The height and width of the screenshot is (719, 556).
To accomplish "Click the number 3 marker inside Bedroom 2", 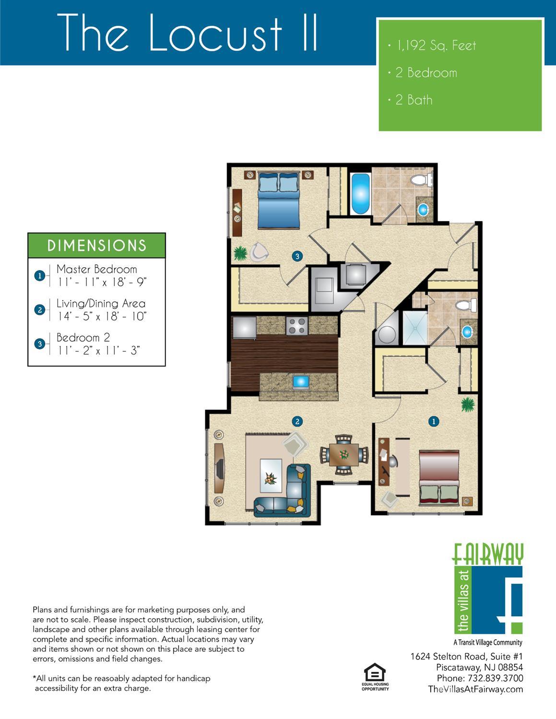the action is [297, 256].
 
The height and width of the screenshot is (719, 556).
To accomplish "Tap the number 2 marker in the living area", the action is [297, 422].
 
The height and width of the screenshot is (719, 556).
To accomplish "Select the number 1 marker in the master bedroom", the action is [434, 422].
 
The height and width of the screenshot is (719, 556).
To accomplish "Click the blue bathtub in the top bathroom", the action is [360, 194].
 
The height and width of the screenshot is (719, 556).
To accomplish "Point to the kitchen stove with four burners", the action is [297, 326].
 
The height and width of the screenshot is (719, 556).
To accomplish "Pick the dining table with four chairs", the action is [344, 455].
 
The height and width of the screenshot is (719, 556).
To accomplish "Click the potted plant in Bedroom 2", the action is [241, 253].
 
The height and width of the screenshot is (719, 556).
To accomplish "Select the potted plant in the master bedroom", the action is [468, 404].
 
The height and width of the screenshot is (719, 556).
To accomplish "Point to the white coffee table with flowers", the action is [271, 476].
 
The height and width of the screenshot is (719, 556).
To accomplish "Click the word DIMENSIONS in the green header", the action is [96, 246].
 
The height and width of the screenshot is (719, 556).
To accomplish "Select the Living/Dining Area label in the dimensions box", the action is [101, 304].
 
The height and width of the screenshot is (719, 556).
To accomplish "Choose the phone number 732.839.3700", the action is [495, 678].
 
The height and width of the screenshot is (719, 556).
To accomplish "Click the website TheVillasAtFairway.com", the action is [475, 690].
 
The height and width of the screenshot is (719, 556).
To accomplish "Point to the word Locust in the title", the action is [216, 33].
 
